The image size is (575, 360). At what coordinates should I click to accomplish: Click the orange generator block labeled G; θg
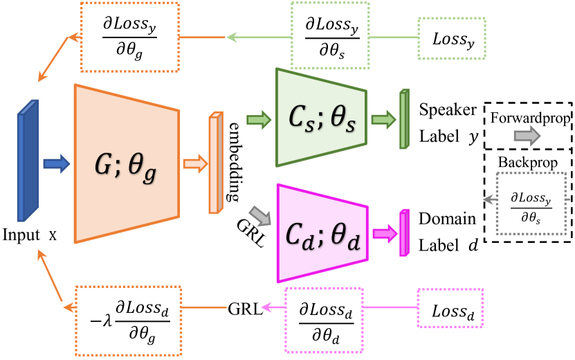click(x=126, y=163)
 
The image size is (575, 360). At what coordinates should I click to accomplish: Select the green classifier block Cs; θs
click(x=320, y=118)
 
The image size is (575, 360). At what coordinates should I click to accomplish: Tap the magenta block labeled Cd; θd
click(x=321, y=233)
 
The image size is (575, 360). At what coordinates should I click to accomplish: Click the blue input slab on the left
click(x=28, y=161)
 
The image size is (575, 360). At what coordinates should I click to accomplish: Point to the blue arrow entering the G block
click(x=57, y=163)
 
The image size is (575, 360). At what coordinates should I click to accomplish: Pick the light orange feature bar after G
click(x=216, y=163)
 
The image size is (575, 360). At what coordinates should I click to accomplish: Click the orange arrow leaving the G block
click(x=195, y=164)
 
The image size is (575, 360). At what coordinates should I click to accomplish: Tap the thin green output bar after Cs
click(x=404, y=119)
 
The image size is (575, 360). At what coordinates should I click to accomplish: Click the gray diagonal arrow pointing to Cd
click(x=260, y=216)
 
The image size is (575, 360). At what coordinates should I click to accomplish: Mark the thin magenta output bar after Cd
click(x=404, y=233)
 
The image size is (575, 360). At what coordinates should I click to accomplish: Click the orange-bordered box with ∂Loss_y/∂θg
click(x=130, y=37)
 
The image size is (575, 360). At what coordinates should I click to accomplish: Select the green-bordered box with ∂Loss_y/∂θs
click(x=330, y=35)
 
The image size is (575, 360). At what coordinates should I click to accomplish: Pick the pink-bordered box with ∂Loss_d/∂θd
click(x=324, y=318)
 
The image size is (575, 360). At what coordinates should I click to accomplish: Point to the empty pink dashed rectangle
click(x=450, y=307)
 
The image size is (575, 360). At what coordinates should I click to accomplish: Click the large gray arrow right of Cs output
click(x=527, y=136)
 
